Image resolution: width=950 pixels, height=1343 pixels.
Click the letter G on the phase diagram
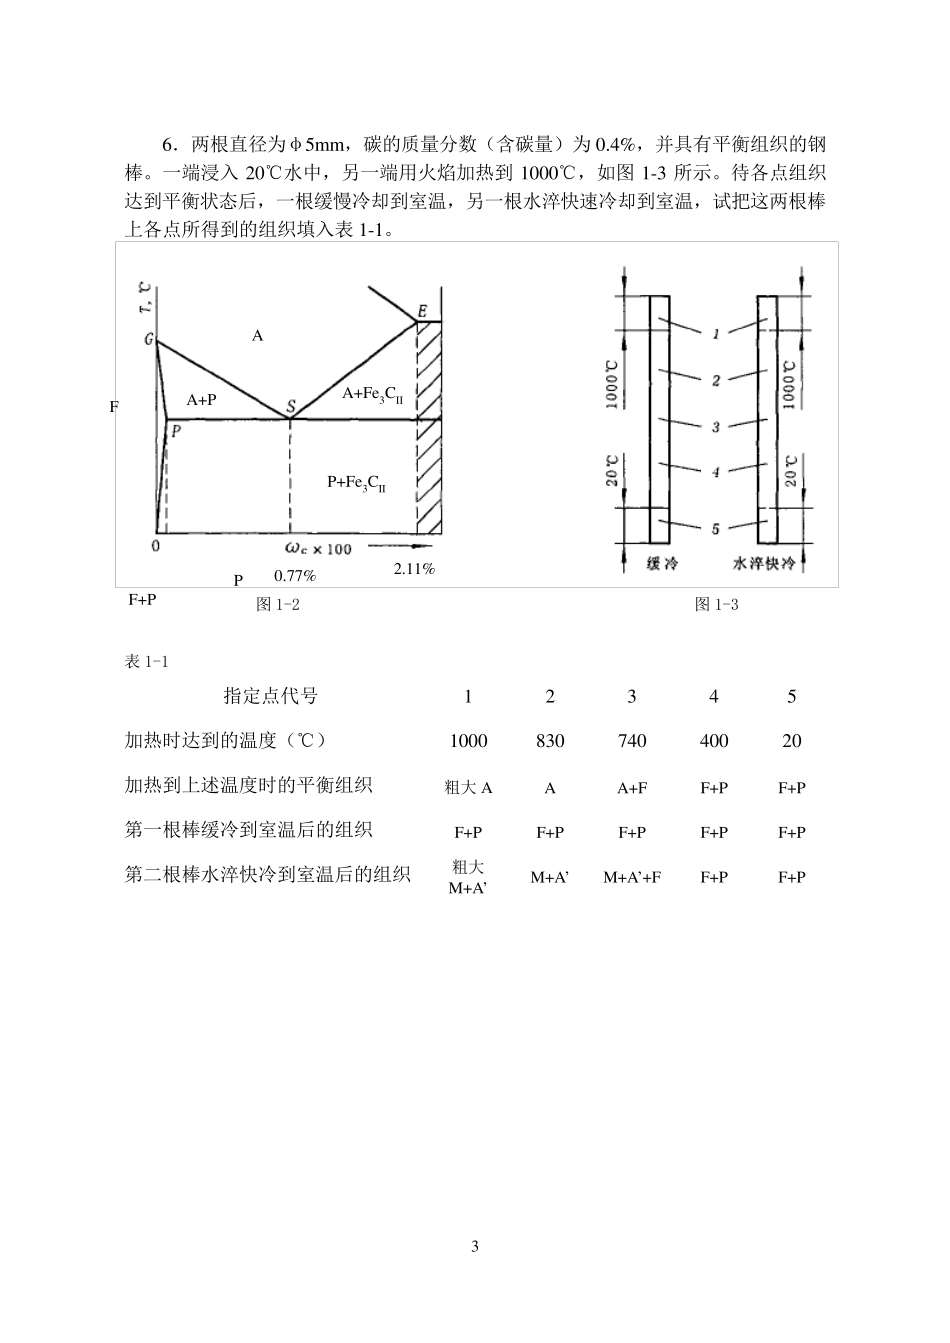[149, 339]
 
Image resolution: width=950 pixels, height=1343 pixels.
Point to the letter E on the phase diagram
[423, 312]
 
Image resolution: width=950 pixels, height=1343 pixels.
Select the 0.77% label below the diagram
[295, 576]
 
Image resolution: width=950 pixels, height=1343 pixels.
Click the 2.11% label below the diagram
[414, 568]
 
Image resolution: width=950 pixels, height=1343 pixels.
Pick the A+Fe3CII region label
[372, 395]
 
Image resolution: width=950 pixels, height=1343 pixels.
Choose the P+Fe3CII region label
[357, 483]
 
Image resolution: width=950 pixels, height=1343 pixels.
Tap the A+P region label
[202, 399]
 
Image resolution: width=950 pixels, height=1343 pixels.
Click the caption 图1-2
[278, 604]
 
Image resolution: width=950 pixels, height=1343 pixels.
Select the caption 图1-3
[716, 604]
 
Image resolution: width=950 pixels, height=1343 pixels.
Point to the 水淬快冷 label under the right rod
[764, 564]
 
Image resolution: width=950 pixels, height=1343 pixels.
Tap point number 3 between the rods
[716, 427]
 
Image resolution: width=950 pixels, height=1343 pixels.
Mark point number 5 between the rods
[715, 529]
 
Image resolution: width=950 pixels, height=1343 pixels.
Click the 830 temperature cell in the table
[550, 741]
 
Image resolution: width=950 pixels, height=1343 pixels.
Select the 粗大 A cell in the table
[468, 787]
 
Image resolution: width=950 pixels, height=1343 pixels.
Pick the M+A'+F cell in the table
[632, 877]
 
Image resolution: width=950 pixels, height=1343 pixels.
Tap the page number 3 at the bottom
[475, 1246]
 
